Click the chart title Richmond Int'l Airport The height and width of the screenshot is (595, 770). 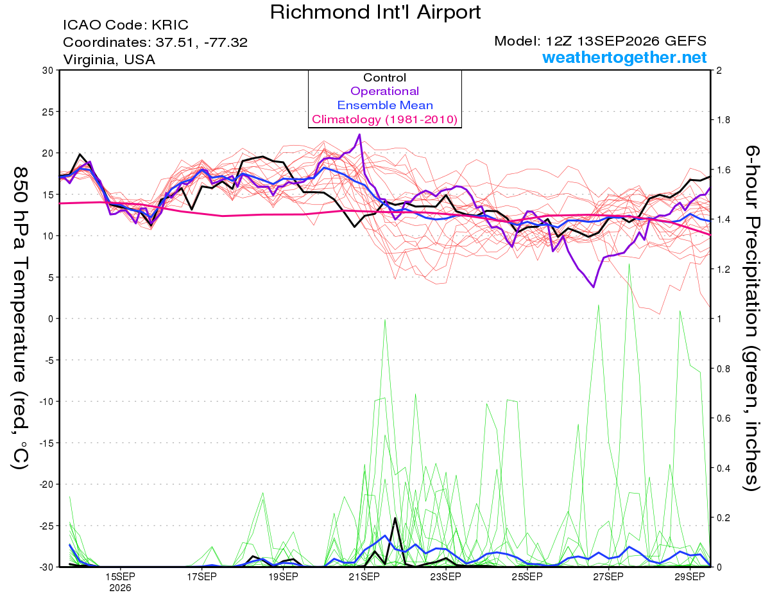pyautogui.click(x=375, y=12)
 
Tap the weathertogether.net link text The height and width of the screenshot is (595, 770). pyautogui.click(x=624, y=57)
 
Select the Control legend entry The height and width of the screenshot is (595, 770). pyautogui.click(x=384, y=77)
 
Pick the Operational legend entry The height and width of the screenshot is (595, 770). pyautogui.click(x=384, y=91)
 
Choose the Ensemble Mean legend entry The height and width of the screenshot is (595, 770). pyautogui.click(x=385, y=105)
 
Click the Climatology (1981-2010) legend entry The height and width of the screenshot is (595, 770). pyautogui.click(x=384, y=119)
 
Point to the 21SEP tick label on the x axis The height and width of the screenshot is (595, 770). pyautogui.click(x=364, y=576)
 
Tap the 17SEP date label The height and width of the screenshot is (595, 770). pyautogui.click(x=201, y=576)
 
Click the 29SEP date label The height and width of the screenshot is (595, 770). pyautogui.click(x=690, y=576)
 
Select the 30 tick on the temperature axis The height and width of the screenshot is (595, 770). pyautogui.click(x=48, y=70)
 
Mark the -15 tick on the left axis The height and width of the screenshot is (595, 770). pyautogui.click(x=46, y=443)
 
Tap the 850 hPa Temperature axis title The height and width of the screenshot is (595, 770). pyautogui.click(x=20, y=318)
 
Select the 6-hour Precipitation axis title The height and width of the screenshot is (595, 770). pyautogui.click(x=751, y=318)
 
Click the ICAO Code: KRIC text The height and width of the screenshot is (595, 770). pyautogui.click(x=126, y=25)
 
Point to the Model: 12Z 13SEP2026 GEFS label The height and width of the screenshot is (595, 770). pyautogui.click(x=600, y=40)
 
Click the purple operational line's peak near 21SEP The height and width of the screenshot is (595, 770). pyautogui.click(x=360, y=134)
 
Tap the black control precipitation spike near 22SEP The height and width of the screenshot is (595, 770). pyautogui.click(x=395, y=518)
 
